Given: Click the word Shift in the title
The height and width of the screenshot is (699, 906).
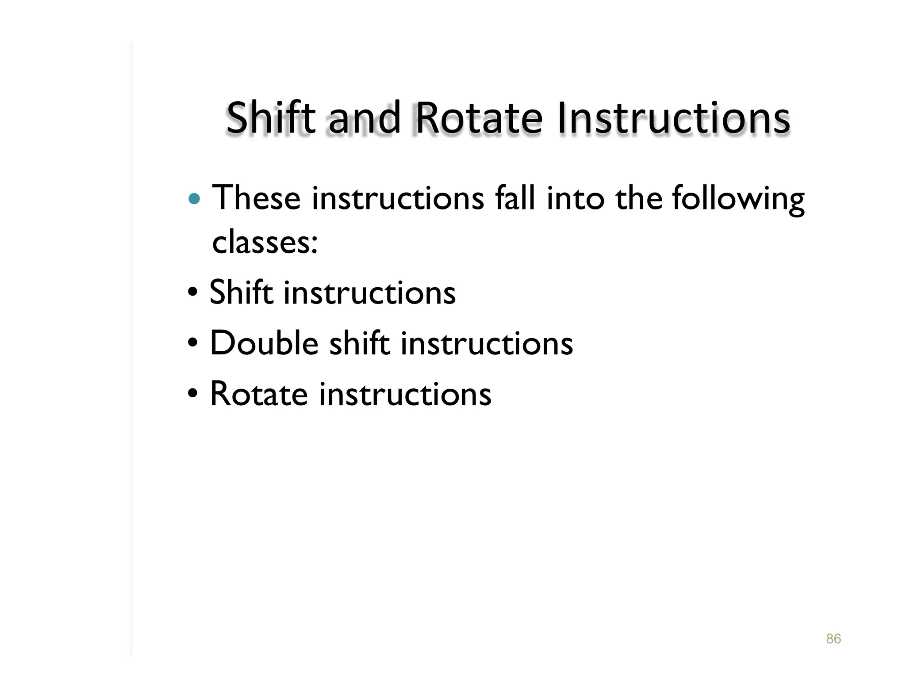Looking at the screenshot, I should [270, 118].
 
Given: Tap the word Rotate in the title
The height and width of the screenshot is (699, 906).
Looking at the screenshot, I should [479, 118].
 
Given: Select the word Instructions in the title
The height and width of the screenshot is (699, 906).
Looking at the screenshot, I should [673, 118].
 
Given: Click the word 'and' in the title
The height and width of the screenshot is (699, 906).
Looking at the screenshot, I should [365, 118].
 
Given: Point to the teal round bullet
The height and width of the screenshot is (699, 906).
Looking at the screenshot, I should [194, 199].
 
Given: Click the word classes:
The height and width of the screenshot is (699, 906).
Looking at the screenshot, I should [265, 243].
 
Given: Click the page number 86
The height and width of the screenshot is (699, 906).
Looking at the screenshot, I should [833, 638].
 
